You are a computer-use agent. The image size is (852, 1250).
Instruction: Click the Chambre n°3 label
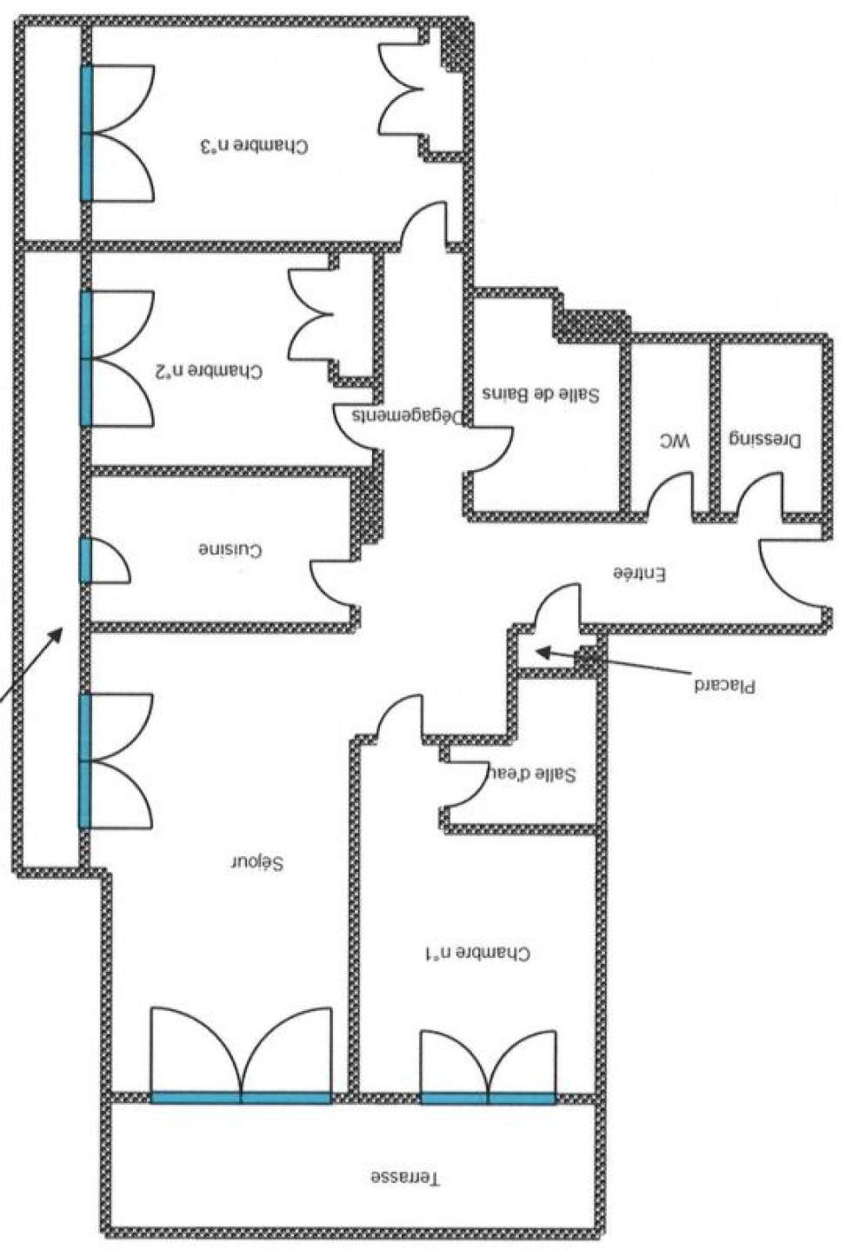[x=254, y=146]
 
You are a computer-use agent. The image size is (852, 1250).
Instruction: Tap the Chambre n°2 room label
[x=208, y=370]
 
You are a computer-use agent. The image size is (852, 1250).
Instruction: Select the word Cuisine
[x=230, y=549]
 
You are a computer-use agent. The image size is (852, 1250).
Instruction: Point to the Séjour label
[x=258, y=862]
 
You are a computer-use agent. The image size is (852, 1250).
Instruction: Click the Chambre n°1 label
[x=477, y=952]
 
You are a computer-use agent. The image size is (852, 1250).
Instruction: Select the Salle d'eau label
[x=532, y=775]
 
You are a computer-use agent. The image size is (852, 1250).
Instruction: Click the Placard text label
[x=725, y=686]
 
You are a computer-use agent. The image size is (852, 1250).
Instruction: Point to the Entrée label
[x=639, y=573]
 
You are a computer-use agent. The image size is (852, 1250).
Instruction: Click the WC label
[x=675, y=442]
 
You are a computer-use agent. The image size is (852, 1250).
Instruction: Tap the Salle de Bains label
[x=541, y=394]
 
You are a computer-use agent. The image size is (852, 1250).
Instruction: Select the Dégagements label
[x=408, y=416]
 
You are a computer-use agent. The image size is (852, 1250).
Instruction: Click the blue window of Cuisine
[x=85, y=561]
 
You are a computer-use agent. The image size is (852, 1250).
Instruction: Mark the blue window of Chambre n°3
[x=86, y=133]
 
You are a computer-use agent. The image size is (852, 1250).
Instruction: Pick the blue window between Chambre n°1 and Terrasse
[x=489, y=1098]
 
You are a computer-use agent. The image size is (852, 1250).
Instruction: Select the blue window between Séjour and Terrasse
[x=241, y=1098]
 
